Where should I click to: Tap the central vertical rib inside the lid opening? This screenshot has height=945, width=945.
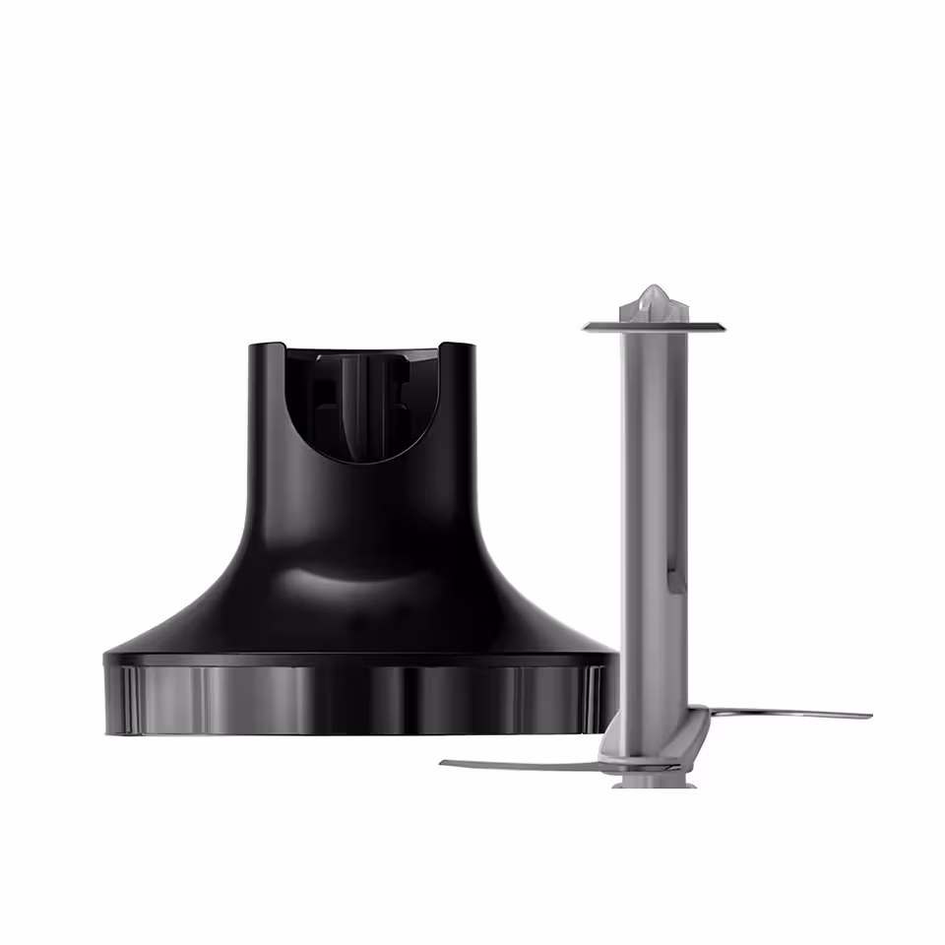point(361,404)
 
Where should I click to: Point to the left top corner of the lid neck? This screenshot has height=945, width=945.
point(254,346)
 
